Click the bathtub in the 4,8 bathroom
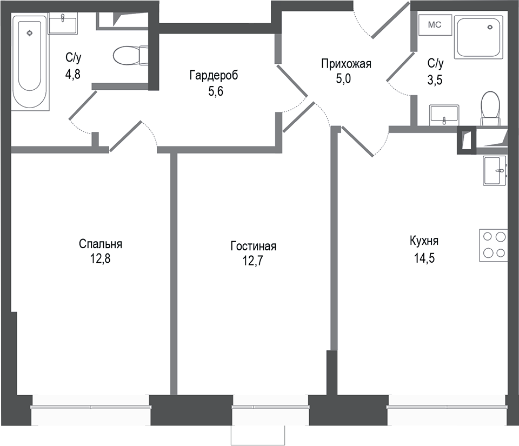click(x=30, y=61)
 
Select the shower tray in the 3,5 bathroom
click(x=478, y=37)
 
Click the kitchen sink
click(x=494, y=170)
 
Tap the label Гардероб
click(x=214, y=75)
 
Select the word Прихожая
click(x=346, y=64)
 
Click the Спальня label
click(x=101, y=244)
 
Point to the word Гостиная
click(x=253, y=247)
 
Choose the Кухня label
click(x=424, y=241)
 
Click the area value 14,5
click(x=423, y=258)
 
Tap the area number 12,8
click(x=101, y=258)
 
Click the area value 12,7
click(x=253, y=262)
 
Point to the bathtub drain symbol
click(x=30, y=33)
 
